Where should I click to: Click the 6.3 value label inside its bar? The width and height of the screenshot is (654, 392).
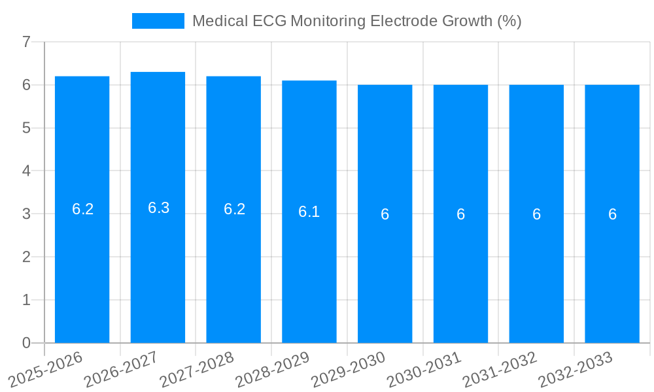[158, 208]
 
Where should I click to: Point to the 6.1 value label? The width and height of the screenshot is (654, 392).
[309, 212]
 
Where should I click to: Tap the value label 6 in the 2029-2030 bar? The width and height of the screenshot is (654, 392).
[385, 214]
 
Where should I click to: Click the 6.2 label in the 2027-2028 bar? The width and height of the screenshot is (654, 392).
[234, 209]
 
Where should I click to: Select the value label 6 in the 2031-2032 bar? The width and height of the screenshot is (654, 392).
[536, 214]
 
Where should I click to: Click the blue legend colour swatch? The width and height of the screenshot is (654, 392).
[158, 21]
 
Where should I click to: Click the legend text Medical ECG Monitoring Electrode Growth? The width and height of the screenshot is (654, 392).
[356, 21]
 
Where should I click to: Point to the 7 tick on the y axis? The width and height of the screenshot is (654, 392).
[26, 42]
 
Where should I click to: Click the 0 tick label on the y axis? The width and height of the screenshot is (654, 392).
[26, 343]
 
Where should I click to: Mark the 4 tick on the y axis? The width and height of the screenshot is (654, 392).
[26, 171]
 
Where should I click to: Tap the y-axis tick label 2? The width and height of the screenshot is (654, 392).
[26, 257]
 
